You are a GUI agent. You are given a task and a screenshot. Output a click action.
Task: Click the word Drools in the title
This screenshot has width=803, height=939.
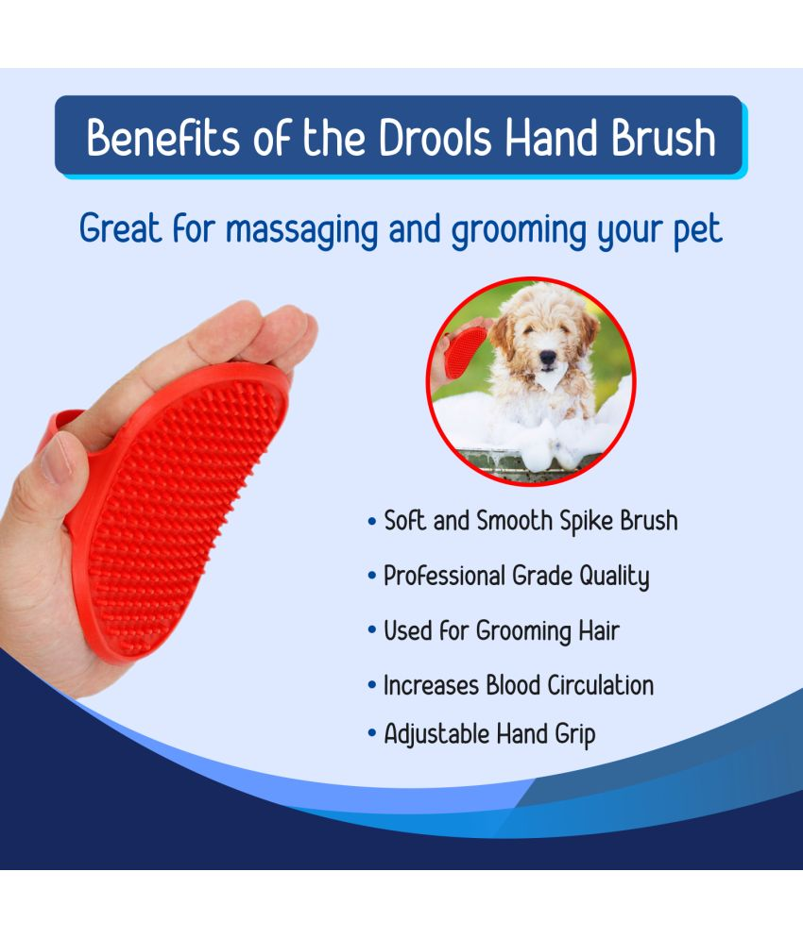pos(436,138)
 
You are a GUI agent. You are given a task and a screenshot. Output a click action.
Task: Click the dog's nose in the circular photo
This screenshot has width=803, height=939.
pos(546,359)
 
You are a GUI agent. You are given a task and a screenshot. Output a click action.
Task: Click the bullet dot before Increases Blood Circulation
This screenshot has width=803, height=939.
pos(372,686)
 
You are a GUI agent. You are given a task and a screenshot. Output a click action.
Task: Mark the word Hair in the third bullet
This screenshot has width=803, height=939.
pos(598,630)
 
